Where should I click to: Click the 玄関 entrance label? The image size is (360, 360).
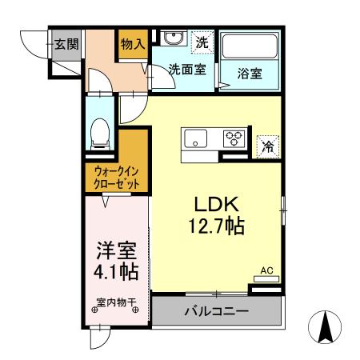[66, 44]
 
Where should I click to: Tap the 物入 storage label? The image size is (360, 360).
[133, 44]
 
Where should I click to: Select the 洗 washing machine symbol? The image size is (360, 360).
[203, 39]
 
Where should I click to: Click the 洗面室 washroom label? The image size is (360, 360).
[186, 69]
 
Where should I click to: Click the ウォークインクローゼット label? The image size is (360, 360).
[117, 177]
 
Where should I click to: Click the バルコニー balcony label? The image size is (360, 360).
[216, 311]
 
